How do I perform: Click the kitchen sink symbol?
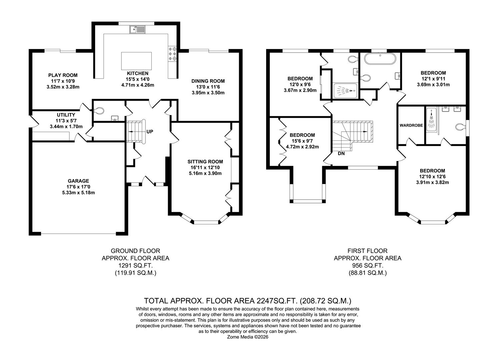click(x=137, y=29)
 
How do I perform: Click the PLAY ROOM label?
click(x=63, y=75)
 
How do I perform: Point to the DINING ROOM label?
click(x=208, y=81)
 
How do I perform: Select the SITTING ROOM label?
click(x=205, y=162)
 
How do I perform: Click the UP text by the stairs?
click(x=150, y=132)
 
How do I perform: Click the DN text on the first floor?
click(x=341, y=154)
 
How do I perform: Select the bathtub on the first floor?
click(x=380, y=59)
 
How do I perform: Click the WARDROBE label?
click(x=411, y=126)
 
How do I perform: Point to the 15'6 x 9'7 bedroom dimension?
click(x=302, y=141)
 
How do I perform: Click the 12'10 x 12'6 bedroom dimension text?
click(x=432, y=177)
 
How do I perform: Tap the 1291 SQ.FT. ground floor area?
click(x=135, y=265)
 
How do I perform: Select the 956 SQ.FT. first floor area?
click(x=368, y=265)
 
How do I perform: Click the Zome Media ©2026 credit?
click(x=248, y=337)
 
